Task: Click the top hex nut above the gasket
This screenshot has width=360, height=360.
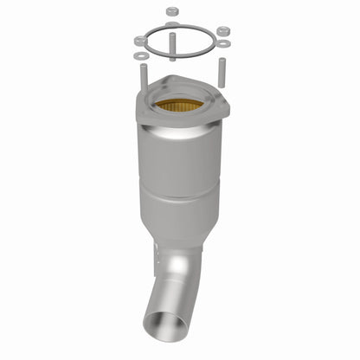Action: [x=170, y=11]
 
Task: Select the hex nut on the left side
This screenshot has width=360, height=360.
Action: [x=139, y=41]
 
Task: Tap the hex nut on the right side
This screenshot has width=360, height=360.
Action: [x=223, y=31]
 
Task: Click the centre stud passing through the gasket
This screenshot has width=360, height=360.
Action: [x=173, y=43]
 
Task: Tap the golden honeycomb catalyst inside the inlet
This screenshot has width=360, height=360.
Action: [x=179, y=106]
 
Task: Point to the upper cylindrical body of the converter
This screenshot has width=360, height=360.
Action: [x=180, y=160]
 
